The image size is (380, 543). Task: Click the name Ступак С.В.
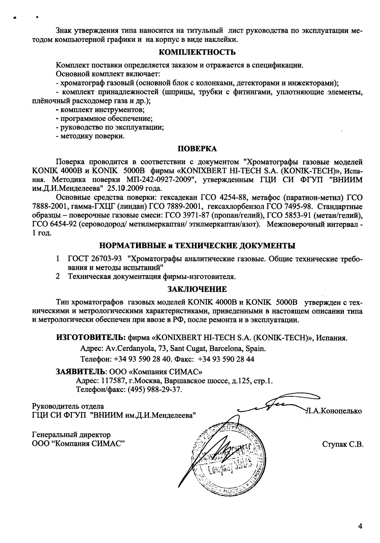pos(343,444)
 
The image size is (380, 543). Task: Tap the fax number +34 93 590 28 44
pos(226,359)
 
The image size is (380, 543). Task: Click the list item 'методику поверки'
pos(90,136)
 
